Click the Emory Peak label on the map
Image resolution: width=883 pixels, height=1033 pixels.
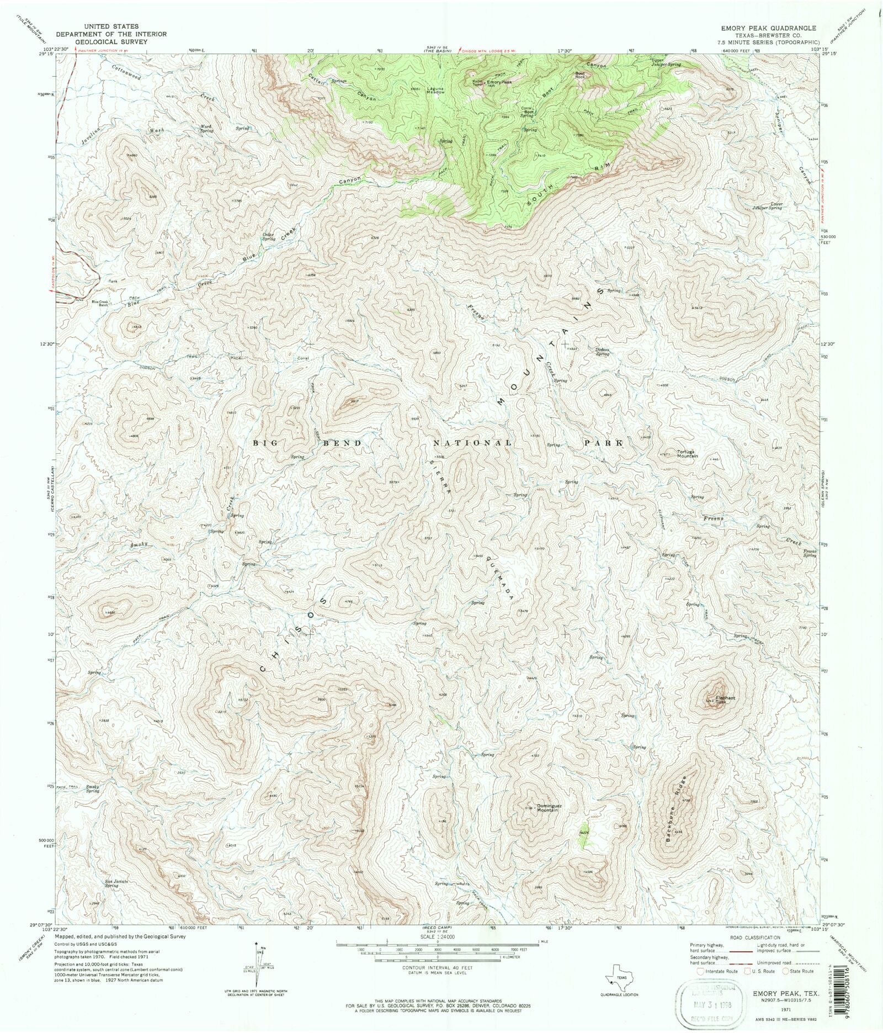click(x=499, y=82)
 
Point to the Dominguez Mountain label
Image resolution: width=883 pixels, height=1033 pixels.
click(x=550, y=808)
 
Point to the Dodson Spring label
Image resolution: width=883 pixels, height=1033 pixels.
click(x=602, y=352)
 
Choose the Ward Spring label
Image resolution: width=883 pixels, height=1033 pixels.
click(x=206, y=129)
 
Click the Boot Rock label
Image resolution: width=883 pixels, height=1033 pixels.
click(x=580, y=75)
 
